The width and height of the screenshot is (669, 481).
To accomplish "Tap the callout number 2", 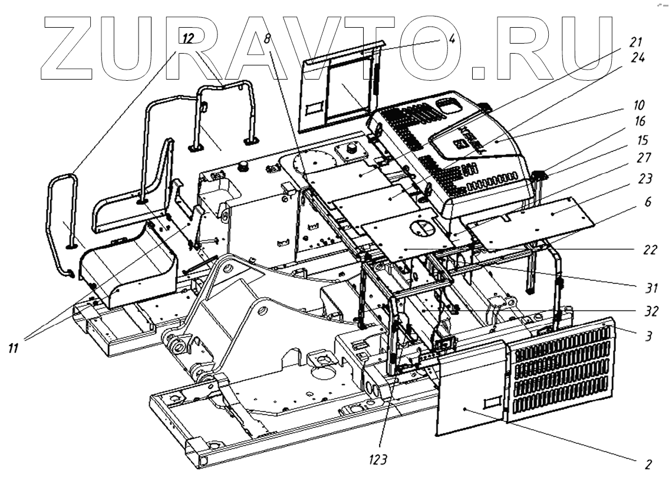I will tap(648, 464).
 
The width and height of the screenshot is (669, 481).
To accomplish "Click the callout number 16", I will tap(647, 123).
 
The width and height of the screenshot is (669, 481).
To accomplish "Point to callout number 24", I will tap(647, 58).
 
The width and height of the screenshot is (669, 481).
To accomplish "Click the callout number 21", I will tap(647, 42).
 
